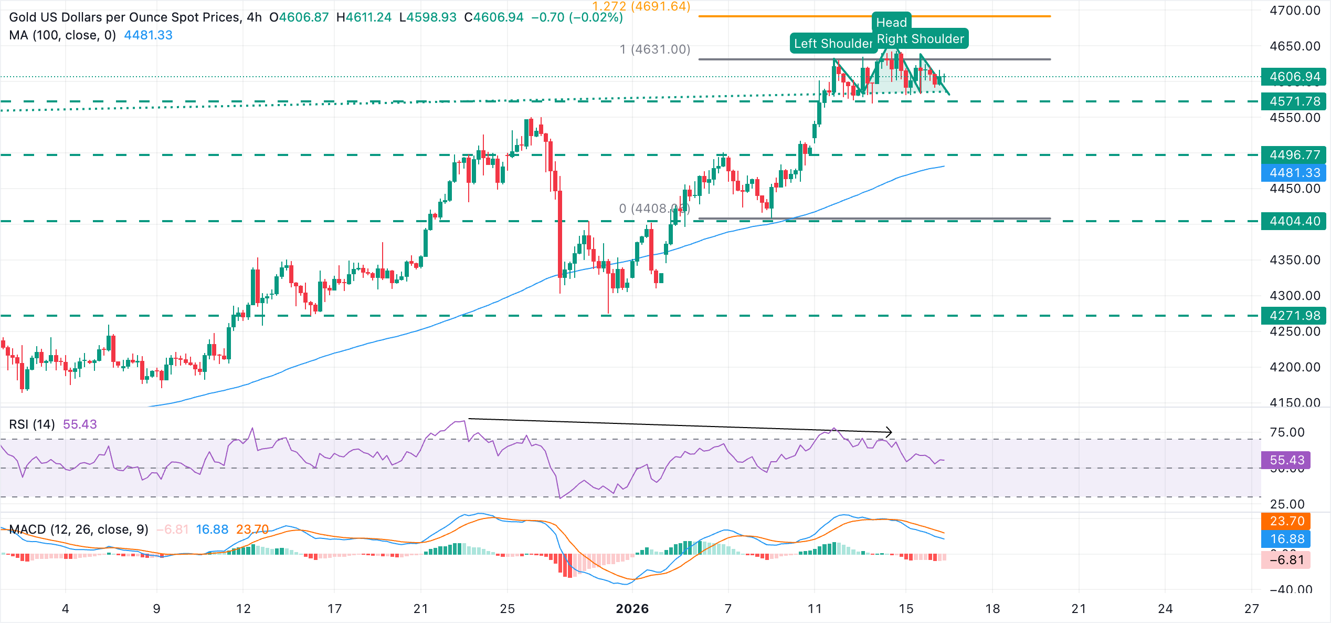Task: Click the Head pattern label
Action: click(x=891, y=23)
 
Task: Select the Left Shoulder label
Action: click(x=832, y=44)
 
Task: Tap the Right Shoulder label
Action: click(x=921, y=39)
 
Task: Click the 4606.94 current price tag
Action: click(x=1294, y=77)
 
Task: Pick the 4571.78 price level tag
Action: click(x=1294, y=101)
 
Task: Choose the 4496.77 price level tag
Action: click(x=1294, y=155)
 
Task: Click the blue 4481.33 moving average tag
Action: click(x=1294, y=173)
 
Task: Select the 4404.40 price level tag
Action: click(x=1294, y=221)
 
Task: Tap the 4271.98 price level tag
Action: click(x=1294, y=316)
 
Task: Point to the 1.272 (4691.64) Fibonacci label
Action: click(x=641, y=7)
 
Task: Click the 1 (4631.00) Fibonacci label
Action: click(x=654, y=49)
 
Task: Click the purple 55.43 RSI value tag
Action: click(x=1286, y=460)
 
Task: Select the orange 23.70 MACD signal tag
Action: click(x=1286, y=521)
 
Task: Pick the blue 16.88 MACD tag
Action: click(x=1286, y=538)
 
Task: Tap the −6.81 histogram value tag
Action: click(x=1286, y=560)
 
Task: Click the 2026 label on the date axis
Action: click(x=632, y=609)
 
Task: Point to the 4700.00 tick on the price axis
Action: click(x=1294, y=11)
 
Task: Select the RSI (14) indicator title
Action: click(x=32, y=424)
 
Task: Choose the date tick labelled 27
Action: click(x=1251, y=609)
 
